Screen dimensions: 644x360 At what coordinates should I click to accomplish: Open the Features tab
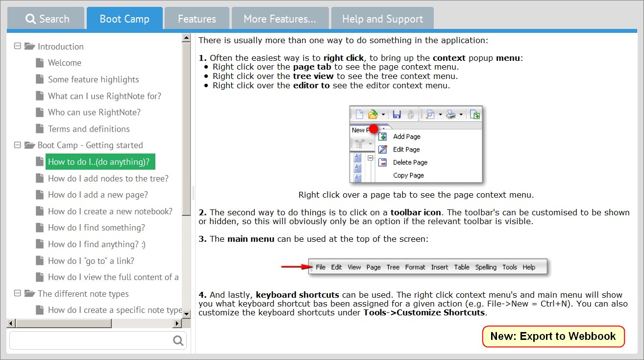tap(197, 19)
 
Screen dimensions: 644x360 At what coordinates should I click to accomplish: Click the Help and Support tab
tap(382, 19)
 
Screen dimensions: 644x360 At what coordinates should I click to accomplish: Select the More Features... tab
tap(280, 19)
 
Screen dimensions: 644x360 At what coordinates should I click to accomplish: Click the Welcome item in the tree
tap(64, 63)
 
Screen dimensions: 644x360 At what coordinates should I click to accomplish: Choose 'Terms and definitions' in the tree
tap(89, 129)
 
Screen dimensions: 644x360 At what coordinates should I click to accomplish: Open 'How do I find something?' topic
tap(97, 228)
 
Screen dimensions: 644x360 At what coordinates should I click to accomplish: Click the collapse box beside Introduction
tap(18, 46)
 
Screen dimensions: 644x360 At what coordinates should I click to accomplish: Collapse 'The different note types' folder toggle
tap(18, 293)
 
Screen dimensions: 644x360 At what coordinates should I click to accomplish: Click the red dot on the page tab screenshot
tap(373, 129)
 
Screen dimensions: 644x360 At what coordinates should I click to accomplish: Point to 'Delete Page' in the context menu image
tap(410, 162)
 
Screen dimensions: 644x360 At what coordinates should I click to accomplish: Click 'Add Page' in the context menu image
tap(406, 136)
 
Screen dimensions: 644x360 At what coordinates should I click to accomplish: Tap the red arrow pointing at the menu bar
tap(297, 267)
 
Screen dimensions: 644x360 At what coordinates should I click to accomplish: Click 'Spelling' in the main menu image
tap(486, 267)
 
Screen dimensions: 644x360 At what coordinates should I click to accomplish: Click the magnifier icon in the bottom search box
tap(178, 340)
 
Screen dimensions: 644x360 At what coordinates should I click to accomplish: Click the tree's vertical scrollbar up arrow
tap(186, 38)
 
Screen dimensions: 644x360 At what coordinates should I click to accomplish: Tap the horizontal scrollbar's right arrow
tap(177, 323)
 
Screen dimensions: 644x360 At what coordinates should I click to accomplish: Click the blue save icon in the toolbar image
tap(397, 114)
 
